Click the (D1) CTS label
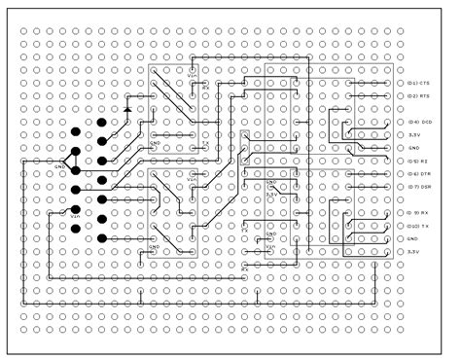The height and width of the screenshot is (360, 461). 419,84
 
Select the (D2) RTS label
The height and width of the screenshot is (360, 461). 419,96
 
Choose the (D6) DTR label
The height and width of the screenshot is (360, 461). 419,173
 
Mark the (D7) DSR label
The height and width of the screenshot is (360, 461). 419,186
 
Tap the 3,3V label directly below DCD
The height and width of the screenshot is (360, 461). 413,134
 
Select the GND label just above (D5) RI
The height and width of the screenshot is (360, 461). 412,148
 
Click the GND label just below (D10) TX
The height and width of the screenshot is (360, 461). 412,238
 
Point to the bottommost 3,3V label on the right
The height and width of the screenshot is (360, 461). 413,251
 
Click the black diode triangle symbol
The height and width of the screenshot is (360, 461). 127,109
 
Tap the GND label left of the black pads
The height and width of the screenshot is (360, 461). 59,166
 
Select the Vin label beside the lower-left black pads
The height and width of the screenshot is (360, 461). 74,216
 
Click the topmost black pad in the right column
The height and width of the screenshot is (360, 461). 101,124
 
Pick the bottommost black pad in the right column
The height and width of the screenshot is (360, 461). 101,238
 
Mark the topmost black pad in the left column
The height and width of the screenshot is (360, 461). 75,132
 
